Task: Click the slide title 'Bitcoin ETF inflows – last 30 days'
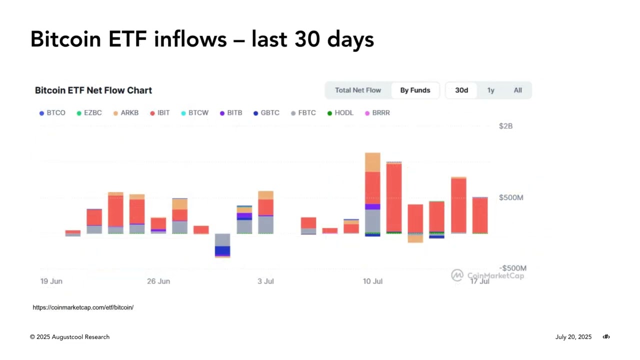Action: pos(202,39)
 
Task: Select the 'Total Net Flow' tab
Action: pos(358,90)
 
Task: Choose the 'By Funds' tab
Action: pos(415,90)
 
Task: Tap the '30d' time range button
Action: pos(461,90)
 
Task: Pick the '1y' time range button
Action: pos(491,90)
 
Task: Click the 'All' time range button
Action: pos(517,90)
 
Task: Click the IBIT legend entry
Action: pos(160,113)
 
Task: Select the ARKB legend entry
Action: pos(126,113)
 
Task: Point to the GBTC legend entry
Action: pos(266,113)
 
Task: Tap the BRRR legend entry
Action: pos(377,113)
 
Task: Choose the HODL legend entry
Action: pos(340,113)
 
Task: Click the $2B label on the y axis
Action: pos(505,126)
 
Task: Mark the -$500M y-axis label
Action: pos(512,268)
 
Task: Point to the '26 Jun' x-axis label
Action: pos(158,281)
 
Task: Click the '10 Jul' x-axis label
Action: pos(372,281)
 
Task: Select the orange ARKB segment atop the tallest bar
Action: pos(372,162)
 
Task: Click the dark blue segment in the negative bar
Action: pos(222,250)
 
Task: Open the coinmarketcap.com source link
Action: pos(83,307)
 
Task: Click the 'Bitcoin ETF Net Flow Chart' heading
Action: pos(93,90)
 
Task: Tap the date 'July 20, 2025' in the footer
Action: pos(573,337)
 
